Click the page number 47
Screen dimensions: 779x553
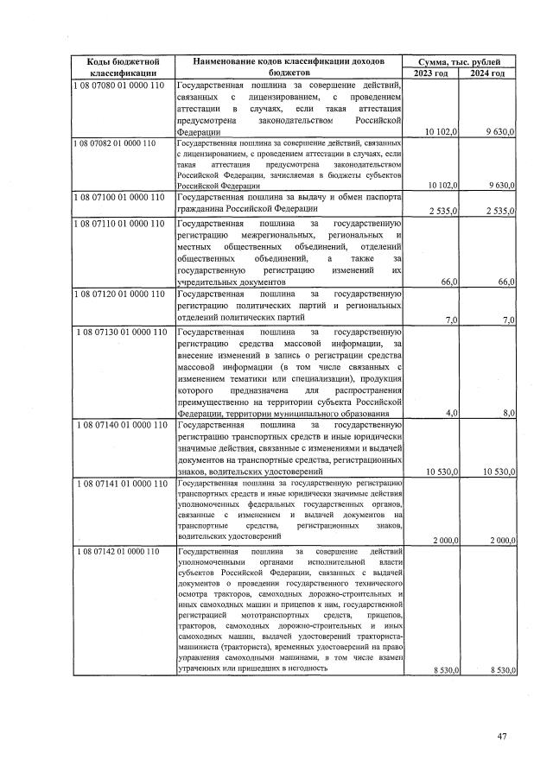[504, 736]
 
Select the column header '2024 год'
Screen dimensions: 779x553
[488, 74]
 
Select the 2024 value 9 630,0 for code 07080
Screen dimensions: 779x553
[500, 130]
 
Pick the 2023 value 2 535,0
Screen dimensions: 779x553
[443, 211]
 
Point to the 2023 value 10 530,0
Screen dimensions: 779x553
[442, 471]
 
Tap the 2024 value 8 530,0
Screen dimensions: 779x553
[499, 694]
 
